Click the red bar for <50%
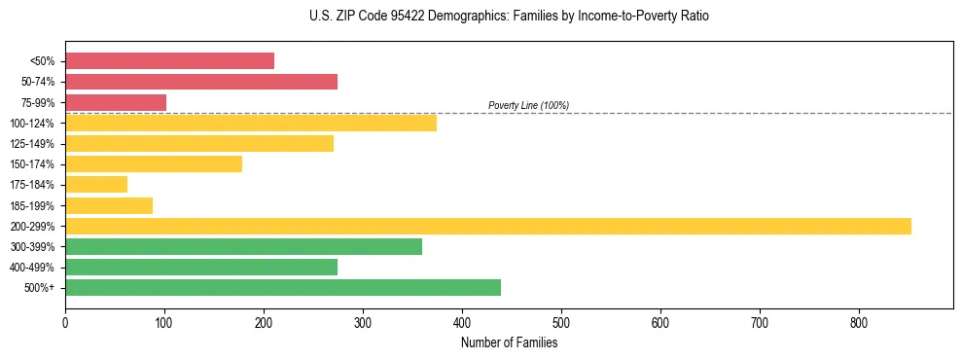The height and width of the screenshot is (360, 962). (x=169, y=60)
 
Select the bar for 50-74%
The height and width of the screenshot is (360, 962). (x=201, y=82)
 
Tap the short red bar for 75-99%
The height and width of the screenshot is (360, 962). (x=116, y=102)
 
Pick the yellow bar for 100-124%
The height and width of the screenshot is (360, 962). (x=251, y=123)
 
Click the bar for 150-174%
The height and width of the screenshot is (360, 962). (x=154, y=163)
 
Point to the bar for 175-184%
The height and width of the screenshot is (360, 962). (x=96, y=185)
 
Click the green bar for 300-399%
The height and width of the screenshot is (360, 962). (x=243, y=246)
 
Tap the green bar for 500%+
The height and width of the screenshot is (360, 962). (x=283, y=287)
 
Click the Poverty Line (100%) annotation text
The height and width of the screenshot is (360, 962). (x=528, y=105)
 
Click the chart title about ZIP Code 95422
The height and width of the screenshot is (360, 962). (x=481, y=17)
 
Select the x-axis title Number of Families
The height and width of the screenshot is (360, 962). (x=509, y=342)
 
